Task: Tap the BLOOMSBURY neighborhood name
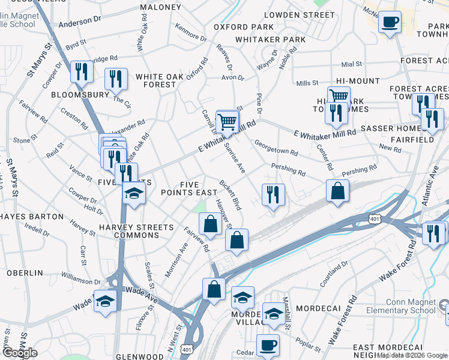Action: [x=80, y=95]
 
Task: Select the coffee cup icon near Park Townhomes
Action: [x=390, y=23]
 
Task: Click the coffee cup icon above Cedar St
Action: [x=268, y=345]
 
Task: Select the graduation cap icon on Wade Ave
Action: [x=105, y=301]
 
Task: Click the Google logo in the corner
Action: [x=20, y=353]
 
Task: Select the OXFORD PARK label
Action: [x=244, y=27]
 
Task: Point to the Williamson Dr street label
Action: [x=80, y=280]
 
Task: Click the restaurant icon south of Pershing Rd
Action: [x=273, y=194]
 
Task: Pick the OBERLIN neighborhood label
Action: [x=25, y=272]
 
